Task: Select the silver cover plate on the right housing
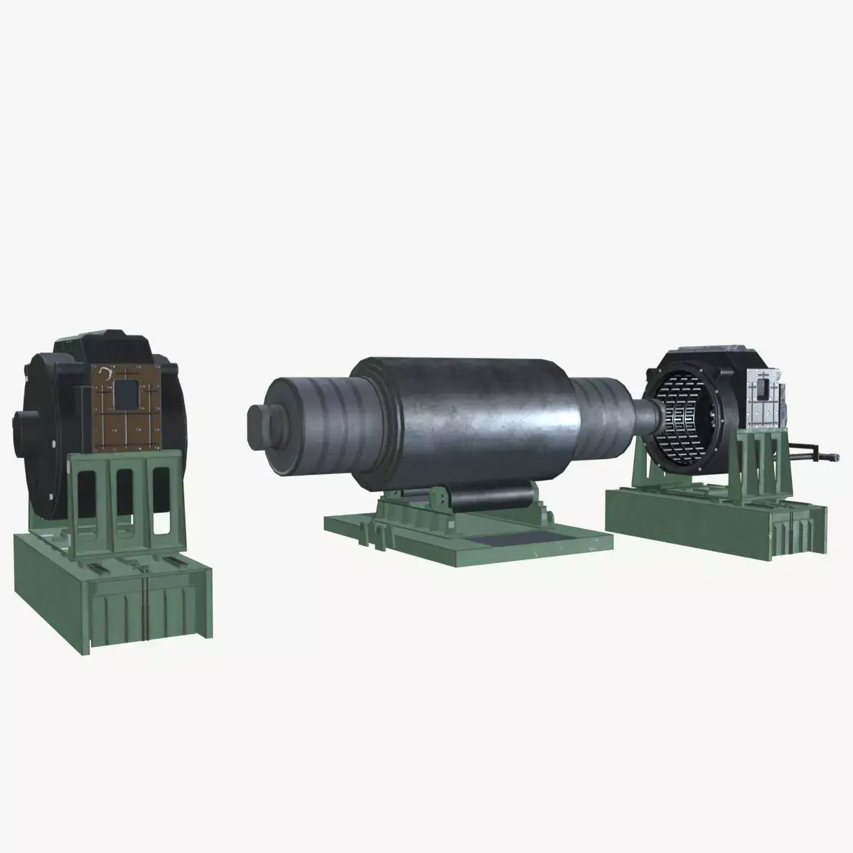(x=762, y=401)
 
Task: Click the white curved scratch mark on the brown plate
(x=107, y=372)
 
